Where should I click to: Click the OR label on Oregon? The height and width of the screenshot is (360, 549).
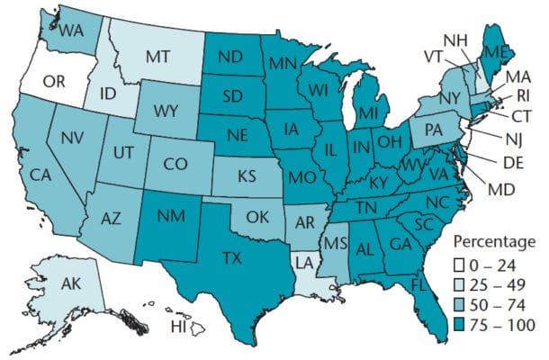click(55, 82)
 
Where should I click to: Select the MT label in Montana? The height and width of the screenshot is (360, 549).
click(160, 56)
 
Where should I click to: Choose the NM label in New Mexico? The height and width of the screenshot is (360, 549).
click(171, 216)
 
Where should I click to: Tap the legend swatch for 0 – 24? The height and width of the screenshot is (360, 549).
click(458, 264)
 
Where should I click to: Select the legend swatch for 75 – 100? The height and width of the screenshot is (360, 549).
click(458, 324)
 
